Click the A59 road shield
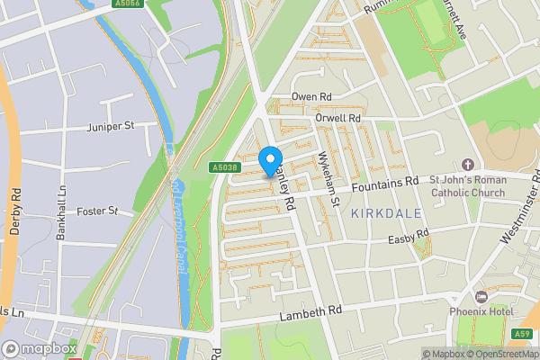click(x=524, y=333)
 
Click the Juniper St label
click(x=111, y=127)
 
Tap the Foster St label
click(x=101, y=211)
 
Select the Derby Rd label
click(x=15, y=211)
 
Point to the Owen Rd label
click(x=311, y=96)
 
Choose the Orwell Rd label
click(x=337, y=118)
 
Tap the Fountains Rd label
click(x=385, y=182)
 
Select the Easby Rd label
click(x=409, y=236)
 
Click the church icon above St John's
click(x=467, y=165)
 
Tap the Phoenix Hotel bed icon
click(x=480, y=296)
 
